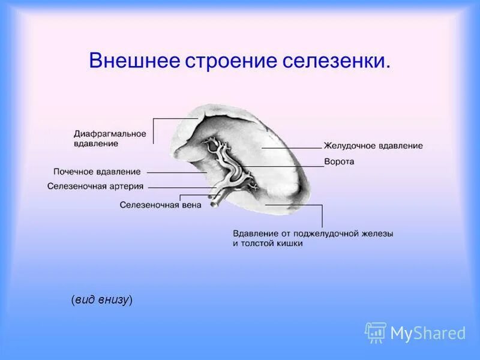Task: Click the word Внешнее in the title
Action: pyautogui.click(x=133, y=61)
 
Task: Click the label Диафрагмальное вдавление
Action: pyautogui.click(x=110, y=139)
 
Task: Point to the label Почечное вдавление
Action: pyautogui.click(x=97, y=172)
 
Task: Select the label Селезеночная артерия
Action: pyautogui.click(x=95, y=187)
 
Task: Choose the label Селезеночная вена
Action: pyautogui.click(x=160, y=205)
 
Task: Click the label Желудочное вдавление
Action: pyautogui.click(x=373, y=146)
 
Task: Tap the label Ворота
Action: pyautogui.click(x=339, y=162)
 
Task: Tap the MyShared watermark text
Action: pyautogui.click(x=428, y=333)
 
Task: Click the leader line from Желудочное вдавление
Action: pyautogui.click(x=291, y=146)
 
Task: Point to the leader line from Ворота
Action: pyautogui.click(x=282, y=166)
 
